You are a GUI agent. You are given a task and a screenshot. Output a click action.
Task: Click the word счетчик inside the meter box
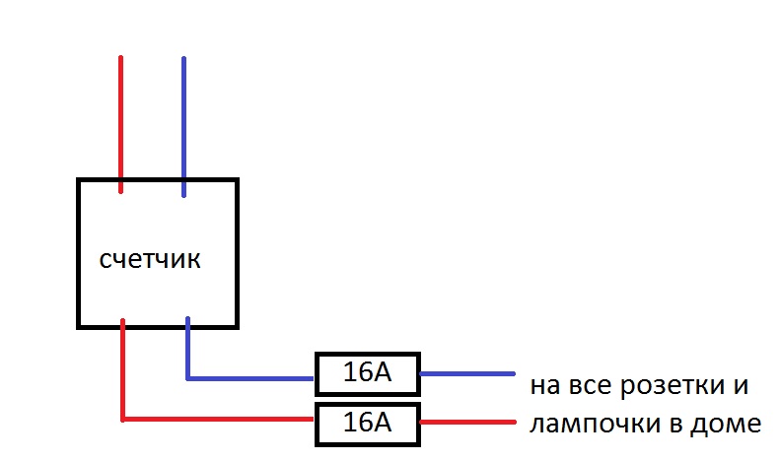point(151,260)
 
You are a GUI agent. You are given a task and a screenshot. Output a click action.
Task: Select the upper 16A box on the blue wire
point(367,373)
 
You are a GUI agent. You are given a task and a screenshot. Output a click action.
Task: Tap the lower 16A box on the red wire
point(367,423)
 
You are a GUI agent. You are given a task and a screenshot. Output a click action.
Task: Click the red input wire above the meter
point(121,118)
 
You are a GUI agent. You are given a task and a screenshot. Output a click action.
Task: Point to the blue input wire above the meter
point(183,118)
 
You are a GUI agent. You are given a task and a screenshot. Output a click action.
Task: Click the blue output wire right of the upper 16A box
point(467,373)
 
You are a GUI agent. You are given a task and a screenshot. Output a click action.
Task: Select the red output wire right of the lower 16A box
point(467,423)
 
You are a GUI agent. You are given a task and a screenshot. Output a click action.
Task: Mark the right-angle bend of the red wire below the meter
point(122,420)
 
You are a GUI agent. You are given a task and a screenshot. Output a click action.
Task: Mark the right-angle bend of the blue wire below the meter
point(187,377)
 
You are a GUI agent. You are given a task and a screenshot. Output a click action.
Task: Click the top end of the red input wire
point(121,58)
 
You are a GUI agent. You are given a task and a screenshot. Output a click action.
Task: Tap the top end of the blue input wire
point(183,58)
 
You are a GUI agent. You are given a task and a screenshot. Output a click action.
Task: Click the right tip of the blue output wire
point(514,373)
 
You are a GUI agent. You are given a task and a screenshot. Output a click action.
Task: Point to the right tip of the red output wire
point(514,423)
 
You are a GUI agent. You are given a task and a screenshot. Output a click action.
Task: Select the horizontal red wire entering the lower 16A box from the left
point(217,420)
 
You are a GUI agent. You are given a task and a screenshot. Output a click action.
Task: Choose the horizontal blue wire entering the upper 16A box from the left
point(251,377)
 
